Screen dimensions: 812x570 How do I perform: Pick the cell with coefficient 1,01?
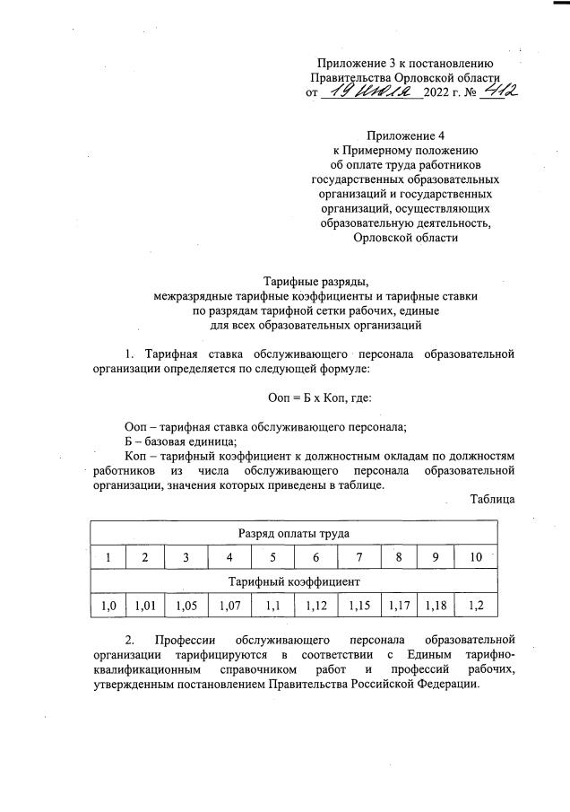click(145, 607)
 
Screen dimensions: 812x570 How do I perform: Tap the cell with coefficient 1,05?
click(186, 607)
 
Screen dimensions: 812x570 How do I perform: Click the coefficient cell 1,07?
click(230, 607)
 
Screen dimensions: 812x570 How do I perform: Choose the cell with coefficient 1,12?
click(315, 607)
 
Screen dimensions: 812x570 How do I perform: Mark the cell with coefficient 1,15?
click(359, 607)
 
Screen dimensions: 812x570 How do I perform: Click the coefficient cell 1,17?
click(400, 607)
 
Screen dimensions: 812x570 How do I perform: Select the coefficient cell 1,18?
click(435, 607)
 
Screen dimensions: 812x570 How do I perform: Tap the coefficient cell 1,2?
click(476, 607)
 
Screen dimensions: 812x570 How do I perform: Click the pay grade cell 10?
click(476, 557)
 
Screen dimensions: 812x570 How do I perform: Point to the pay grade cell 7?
click(359, 557)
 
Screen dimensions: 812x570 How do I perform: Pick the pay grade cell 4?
click(230, 557)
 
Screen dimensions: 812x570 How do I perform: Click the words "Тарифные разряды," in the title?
click(308, 281)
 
